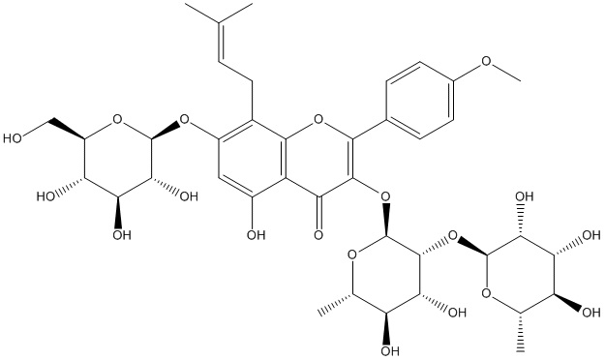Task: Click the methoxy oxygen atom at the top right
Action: (487, 61)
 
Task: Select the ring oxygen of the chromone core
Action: (318, 119)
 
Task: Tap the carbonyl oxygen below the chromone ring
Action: (318, 234)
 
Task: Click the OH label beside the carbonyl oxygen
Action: (256, 234)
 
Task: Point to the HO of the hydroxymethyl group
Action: (13, 138)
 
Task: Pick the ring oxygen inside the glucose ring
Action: (118, 119)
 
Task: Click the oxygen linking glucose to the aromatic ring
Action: (185, 119)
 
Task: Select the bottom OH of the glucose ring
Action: (122, 234)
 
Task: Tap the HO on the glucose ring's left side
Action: (46, 196)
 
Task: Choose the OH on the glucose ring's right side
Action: (189, 196)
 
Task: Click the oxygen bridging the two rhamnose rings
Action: (452, 234)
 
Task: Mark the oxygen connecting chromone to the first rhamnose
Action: (385, 196)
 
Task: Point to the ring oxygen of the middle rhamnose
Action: (352, 255)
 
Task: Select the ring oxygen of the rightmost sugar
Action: (486, 293)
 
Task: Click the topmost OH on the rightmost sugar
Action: (524, 196)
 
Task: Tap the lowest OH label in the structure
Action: (390, 350)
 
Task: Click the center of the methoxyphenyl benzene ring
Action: (419, 100)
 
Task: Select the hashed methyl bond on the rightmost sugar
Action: (520, 333)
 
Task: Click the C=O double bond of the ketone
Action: (318, 213)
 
